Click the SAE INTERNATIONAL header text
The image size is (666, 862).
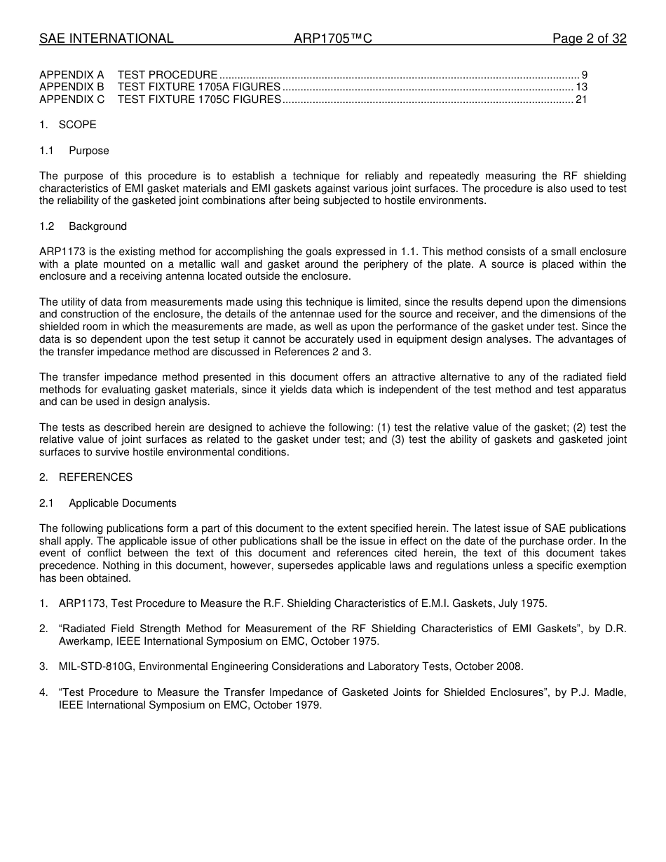pyautogui.click(x=106, y=39)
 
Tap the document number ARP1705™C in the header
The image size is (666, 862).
pyautogui.click(x=332, y=39)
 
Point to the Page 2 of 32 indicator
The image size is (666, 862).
pyautogui.click(x=589, y=39)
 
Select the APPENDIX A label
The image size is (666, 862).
pyautogui.click(x=72, y=74)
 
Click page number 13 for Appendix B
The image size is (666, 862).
pyautogui.click(x=581, y=87)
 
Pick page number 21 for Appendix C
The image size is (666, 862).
pyautogui.click(x=581, y=100)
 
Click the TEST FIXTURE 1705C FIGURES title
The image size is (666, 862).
pyautogui.click(x=199, y=100)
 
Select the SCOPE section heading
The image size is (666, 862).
pyautogui.click(x=77, y=125)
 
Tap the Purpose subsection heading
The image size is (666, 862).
pyautogui.click(x=89, y=151)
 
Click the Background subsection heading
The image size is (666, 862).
pyautogui.click(x=97, y=226)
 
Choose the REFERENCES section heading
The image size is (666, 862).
pyautogui.click(x=95, y=477)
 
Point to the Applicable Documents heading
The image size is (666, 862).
pyautogui.click(x=123, y=503)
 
